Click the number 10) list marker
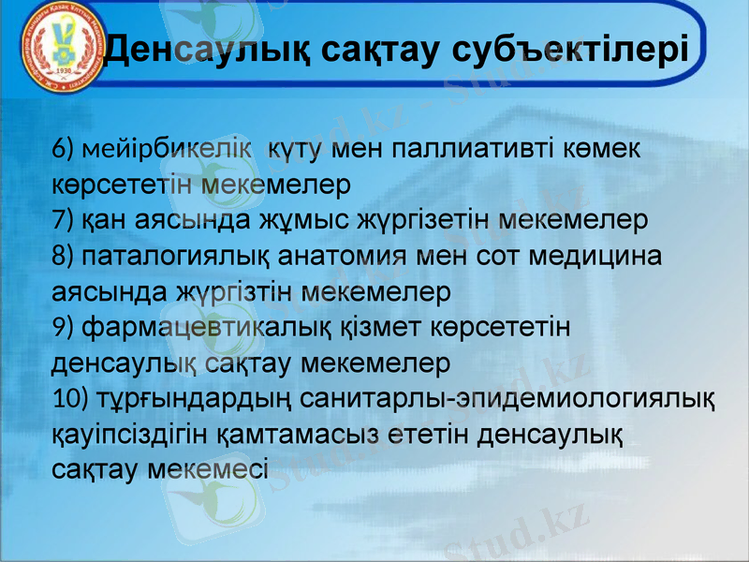[71, 398]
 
